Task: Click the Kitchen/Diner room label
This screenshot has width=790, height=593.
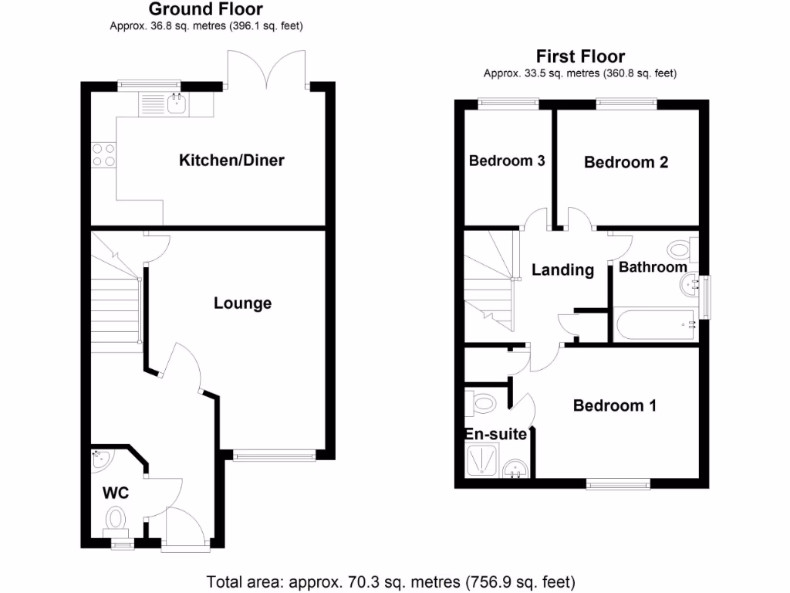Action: [231, 161]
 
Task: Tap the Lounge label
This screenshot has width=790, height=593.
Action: [242, 303]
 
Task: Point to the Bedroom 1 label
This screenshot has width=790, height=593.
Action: [614, 405]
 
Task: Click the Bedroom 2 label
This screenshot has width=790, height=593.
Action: [626, 162]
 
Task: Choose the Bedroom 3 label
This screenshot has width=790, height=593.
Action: [507, 161]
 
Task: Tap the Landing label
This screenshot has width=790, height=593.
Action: [562, 270]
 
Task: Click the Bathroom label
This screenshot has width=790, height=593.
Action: [653, 267]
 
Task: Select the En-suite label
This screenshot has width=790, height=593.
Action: [495, 434]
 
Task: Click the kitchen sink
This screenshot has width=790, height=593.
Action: [176, 104]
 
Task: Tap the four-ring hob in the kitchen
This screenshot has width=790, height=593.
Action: [103, 155]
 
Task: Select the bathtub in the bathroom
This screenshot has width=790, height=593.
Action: [656, 325]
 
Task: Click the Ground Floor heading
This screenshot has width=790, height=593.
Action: [205, 9]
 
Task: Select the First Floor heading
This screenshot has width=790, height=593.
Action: [580, 56]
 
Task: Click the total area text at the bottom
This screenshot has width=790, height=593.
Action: [390, 581]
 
